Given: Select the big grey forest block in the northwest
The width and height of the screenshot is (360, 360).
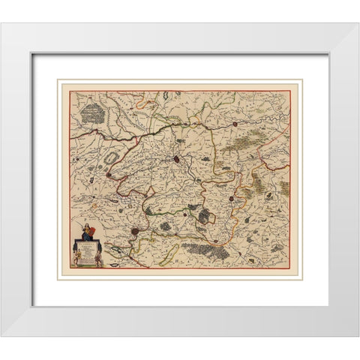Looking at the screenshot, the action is click(94, 112).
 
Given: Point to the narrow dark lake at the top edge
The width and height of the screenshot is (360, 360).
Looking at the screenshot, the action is click(162, 97).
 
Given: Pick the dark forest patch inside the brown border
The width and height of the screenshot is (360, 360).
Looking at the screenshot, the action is click(204, 216).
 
